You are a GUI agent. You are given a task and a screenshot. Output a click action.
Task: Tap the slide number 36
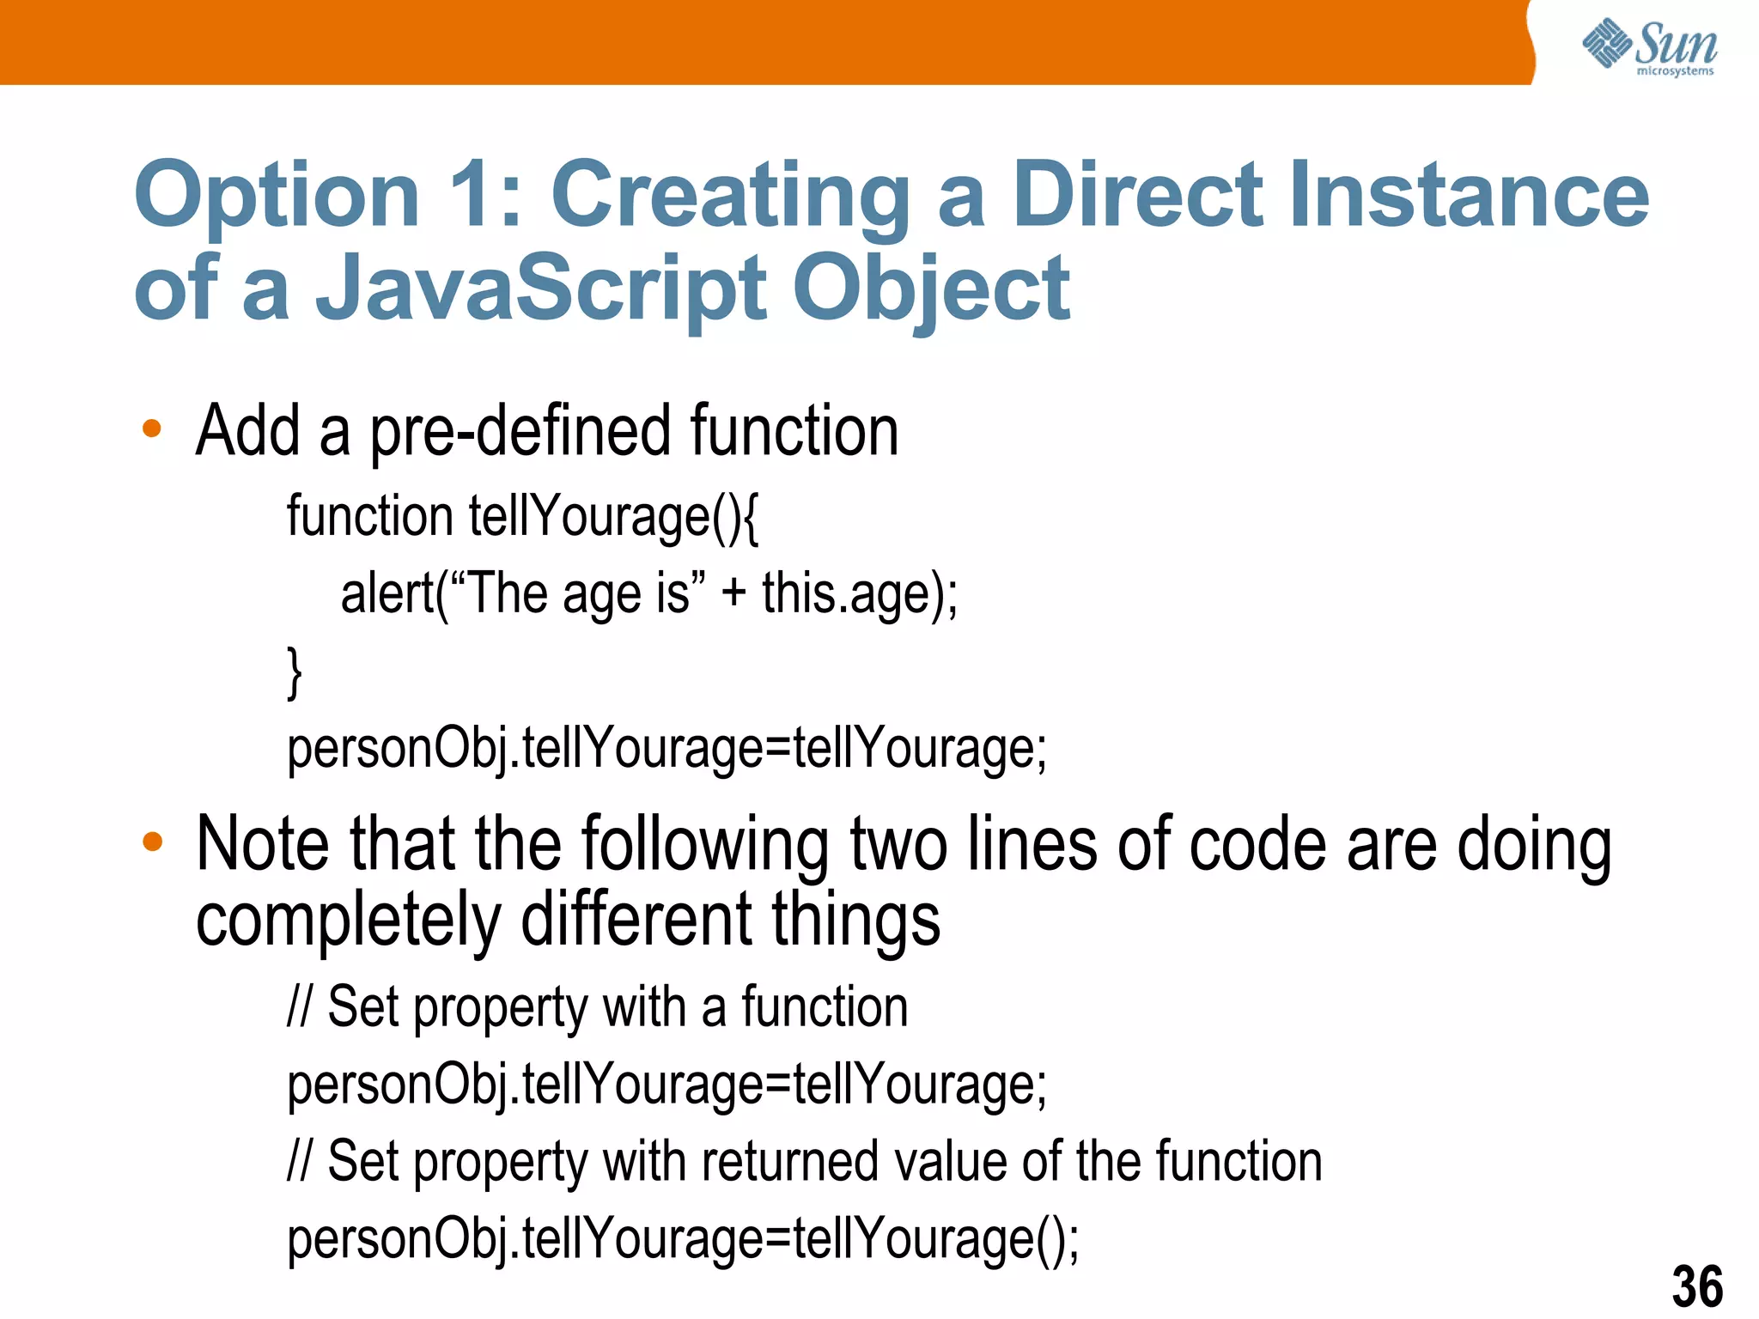click(1696, 1286)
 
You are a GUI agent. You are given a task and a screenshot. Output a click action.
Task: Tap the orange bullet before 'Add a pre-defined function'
click(152, 428)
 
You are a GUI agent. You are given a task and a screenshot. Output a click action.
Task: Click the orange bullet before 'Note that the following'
click(152, 842)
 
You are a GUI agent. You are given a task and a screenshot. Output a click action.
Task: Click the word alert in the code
click(387, 593)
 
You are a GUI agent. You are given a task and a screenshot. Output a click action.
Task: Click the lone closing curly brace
click(295, 672)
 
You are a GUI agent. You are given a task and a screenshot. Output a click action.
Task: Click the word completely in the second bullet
click(348, 921)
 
